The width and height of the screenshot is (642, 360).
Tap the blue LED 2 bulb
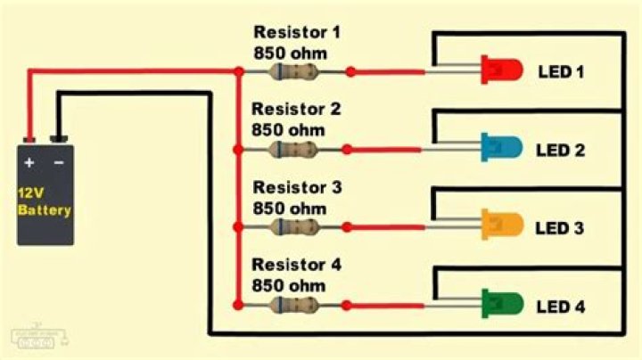coord(500,147)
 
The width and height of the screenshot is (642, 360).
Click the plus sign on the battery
coord(29,163)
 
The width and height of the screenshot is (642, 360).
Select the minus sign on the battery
coord(59,163)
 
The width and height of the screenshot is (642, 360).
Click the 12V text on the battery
coord(32,193)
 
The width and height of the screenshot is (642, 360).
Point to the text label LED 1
coord(560,71)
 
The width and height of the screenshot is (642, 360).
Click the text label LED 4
coord(560,307)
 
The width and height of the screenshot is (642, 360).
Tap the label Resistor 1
coord(296,34)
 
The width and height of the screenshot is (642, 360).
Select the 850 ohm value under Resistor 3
coord(289,208)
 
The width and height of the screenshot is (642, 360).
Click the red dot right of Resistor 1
coord(350,71)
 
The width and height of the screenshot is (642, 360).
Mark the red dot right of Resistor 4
coord(346,306)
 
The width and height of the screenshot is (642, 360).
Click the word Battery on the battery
coord(45,211)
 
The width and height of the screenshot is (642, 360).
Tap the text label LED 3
coord(560,229)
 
